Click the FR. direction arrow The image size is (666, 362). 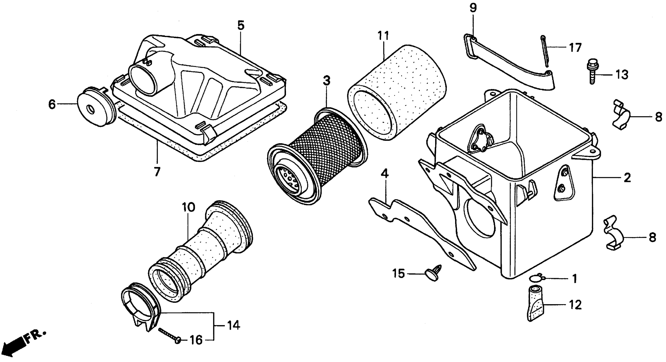(16, 345)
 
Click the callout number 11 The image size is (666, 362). (383, 36)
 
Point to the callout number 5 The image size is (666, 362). (240, 26)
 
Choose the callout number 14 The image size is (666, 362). (233, 326)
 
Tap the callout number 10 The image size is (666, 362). (188, 207)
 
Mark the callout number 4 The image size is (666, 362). (385, 174)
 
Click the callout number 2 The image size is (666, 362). (627, 178)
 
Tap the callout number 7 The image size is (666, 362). (157, 172)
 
